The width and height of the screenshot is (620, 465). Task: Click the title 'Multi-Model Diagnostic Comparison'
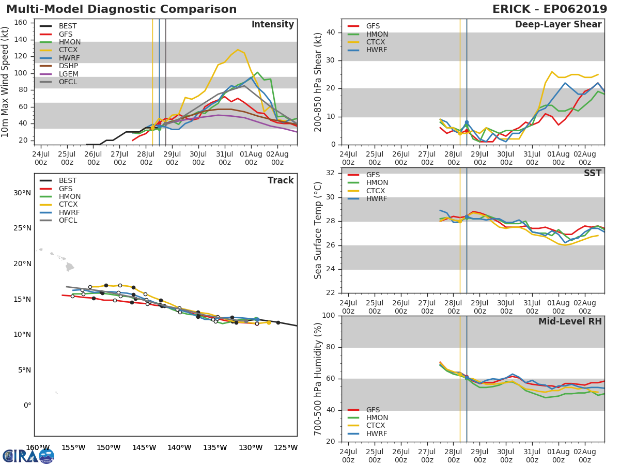121,9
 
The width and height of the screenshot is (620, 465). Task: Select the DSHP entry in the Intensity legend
68,66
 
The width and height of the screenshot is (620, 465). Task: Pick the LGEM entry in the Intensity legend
68,74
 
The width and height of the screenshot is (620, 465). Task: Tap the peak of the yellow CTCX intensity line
238,50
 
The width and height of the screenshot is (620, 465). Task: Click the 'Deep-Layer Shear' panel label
558,25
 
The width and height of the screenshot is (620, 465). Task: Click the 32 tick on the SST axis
329,173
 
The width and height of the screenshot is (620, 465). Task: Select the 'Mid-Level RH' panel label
570,322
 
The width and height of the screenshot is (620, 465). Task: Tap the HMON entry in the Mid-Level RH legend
377,417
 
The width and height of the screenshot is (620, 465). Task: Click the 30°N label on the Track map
22,193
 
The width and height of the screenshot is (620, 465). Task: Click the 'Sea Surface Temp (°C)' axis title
318,230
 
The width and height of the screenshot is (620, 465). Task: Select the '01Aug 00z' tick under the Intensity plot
251,158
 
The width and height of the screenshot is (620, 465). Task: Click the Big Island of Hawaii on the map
70,267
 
